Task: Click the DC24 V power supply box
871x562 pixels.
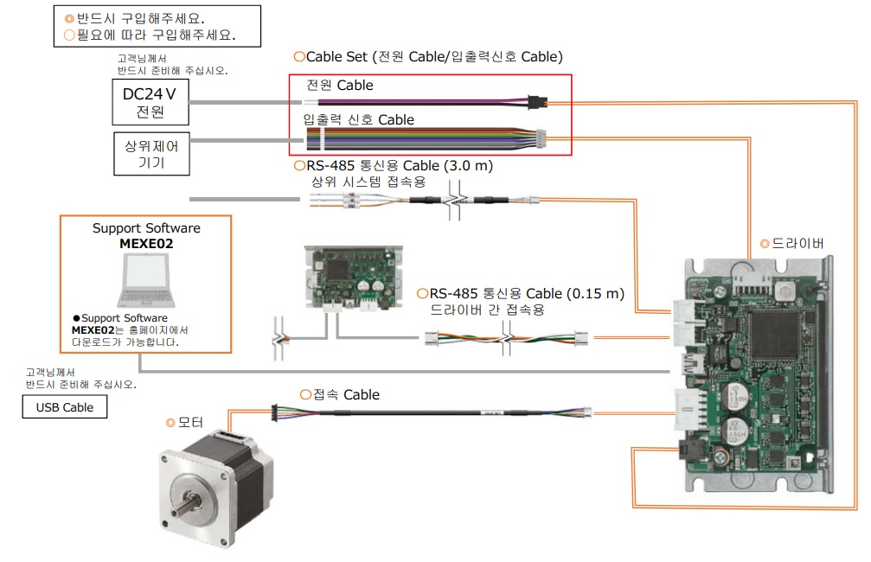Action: (151, 103)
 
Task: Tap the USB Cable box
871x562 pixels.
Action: (64, 407)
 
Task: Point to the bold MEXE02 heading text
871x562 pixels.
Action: (146, 244)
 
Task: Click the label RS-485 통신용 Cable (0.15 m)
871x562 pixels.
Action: (526, 294)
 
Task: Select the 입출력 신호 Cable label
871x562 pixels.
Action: (358, 120)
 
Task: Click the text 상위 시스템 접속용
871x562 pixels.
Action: (368, 182)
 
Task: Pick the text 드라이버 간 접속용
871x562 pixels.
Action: (488, 310)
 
